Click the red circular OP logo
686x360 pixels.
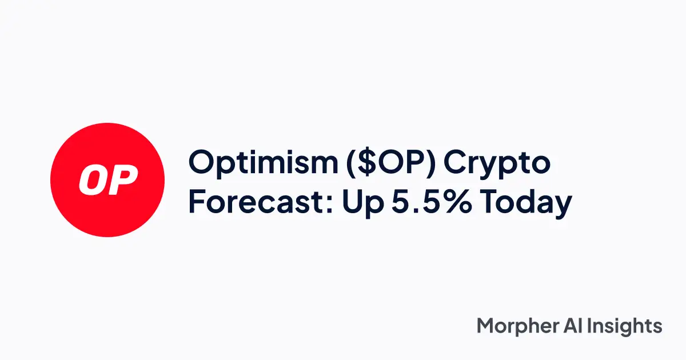107,179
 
